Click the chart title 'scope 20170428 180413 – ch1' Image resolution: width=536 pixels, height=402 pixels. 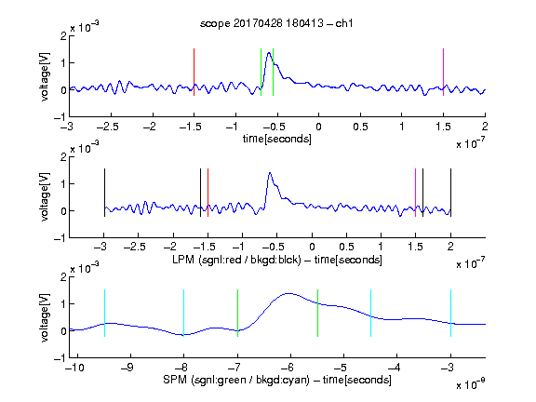pyautogui.click(x=276, y=23)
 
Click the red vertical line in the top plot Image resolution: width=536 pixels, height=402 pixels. pyautogui.click(x=194, y=73)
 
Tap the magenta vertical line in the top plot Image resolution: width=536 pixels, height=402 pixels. pyautogui.click(x=443, y=73)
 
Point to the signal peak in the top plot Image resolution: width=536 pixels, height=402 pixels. pyautogui.click(x=269, y=53)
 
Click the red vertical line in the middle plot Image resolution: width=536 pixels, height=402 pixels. pyautogui.click(x=208, y=193)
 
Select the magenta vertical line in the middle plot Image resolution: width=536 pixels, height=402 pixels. pyautogui.click(x=415, y=193)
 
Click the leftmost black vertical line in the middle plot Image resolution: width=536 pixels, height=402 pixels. pyautogui.click(x=104, y=193)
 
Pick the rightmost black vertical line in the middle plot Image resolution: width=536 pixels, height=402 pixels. pyautogui.click(x=450, y=193)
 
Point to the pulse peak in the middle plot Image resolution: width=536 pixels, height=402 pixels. pyautogui.click(x=270, y=173)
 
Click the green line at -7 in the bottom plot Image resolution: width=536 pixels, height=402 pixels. pyautogui.click(x=237, y=313)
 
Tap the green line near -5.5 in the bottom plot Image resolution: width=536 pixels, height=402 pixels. pyautogui.click(x=317, y=313)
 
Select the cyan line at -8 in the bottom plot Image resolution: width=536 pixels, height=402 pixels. pyautogui.click(x=183, y=313)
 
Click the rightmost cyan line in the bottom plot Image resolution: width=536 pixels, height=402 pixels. pyautogui.click(x=450, y=313)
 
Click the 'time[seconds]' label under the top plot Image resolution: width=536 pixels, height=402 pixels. pyautogui.click(x=277, y=139)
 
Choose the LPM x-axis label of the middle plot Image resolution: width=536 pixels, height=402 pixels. pyautogui.click(x=277, y=260)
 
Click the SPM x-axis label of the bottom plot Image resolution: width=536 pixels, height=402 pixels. pyautogui.click(x=277, y=380)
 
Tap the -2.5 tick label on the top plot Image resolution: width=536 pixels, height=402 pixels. pyautogui.click(x=108, y=127)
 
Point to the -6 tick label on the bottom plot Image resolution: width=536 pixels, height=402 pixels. pyautogui.click(x=288, y=368)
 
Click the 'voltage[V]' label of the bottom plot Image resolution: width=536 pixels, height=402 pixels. pyautogui.click(x=45, y=318)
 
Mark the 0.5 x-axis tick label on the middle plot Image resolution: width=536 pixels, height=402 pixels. pyautogui.click(x=346, y=247)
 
